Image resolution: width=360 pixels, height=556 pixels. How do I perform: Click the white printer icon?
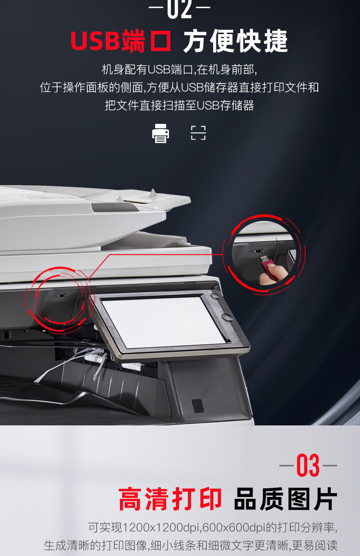click(160, 133)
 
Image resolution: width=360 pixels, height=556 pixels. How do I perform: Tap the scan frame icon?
click(198, 133)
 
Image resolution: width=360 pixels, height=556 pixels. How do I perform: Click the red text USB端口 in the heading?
click(121, 41)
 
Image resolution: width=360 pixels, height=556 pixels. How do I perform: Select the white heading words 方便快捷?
click(235, 41)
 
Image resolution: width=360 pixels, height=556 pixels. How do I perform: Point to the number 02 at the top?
click(180, 9)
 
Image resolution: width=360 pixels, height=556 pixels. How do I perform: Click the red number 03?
click(308, 465)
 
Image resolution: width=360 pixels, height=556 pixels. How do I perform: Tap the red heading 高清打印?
click(170, 499)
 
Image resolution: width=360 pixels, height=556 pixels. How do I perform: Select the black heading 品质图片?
click(285, 499)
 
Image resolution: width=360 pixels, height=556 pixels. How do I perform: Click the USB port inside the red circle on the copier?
click(62, 296)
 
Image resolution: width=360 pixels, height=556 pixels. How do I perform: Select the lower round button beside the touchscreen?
click(226, 316)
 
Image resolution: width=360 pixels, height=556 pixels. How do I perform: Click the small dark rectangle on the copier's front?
click(198, 406)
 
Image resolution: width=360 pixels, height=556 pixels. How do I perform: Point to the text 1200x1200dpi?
click(161, 528)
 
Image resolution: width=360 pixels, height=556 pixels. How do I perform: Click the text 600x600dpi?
click(234, 528)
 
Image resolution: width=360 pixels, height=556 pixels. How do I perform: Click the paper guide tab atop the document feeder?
click(153, 193)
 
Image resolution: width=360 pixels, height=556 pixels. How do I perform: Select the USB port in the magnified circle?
click(259, 252)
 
